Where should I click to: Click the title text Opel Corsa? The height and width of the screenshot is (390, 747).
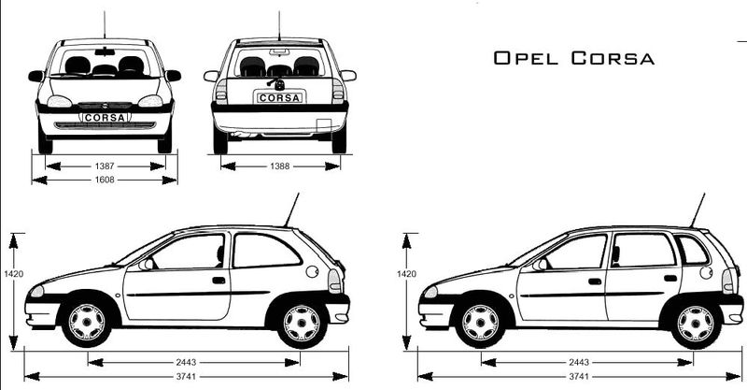pyautogui.click(x=573, y=58)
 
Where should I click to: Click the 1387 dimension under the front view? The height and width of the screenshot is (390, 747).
pyautogui.click(x=105, y=166)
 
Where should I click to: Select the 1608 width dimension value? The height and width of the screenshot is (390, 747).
pyautogui.click(x=105, y=180)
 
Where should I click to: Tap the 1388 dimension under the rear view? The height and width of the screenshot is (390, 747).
pyautogui.click(x=279, y=166)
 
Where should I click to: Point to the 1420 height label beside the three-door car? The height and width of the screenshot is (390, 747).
pyautogui.click(x=14, y=274)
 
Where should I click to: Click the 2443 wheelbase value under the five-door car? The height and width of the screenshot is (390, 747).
pyautogui.click(x=579, y=362)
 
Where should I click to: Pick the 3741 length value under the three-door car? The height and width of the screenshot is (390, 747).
pyautogui.click(x=186, y=377)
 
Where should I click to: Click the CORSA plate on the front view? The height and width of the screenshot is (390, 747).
pyautogui.click(x=105, y=118)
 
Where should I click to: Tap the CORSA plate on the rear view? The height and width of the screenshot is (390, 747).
pyautogui.click(x=279, y=98)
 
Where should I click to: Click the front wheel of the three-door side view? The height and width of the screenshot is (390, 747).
pyautogui.click(x=86, y=323)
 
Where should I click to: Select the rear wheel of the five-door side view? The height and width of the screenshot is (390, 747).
pyautogui.click(x=696, y=324)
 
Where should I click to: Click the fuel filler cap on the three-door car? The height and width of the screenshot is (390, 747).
pyautogui.click(x=312, y=271)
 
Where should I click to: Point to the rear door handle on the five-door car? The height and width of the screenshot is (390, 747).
pyautogui.click(x=670, y=279)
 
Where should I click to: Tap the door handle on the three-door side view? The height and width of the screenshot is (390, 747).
pyautogui.click(x=218, y=281)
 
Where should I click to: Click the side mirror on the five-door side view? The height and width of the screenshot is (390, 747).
pyautogui.click(x=541, y=265)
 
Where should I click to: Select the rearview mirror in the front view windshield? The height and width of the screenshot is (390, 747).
pyautogui.click(x=105, y=51)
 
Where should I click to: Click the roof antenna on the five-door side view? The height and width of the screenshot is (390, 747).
pyautogui.click(x=697, y=210)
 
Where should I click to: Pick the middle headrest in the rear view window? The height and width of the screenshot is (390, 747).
pyautogui.click(x=279, y=71)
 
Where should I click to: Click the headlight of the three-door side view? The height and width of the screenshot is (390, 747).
pyautogui.click(x=37, y=291)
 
